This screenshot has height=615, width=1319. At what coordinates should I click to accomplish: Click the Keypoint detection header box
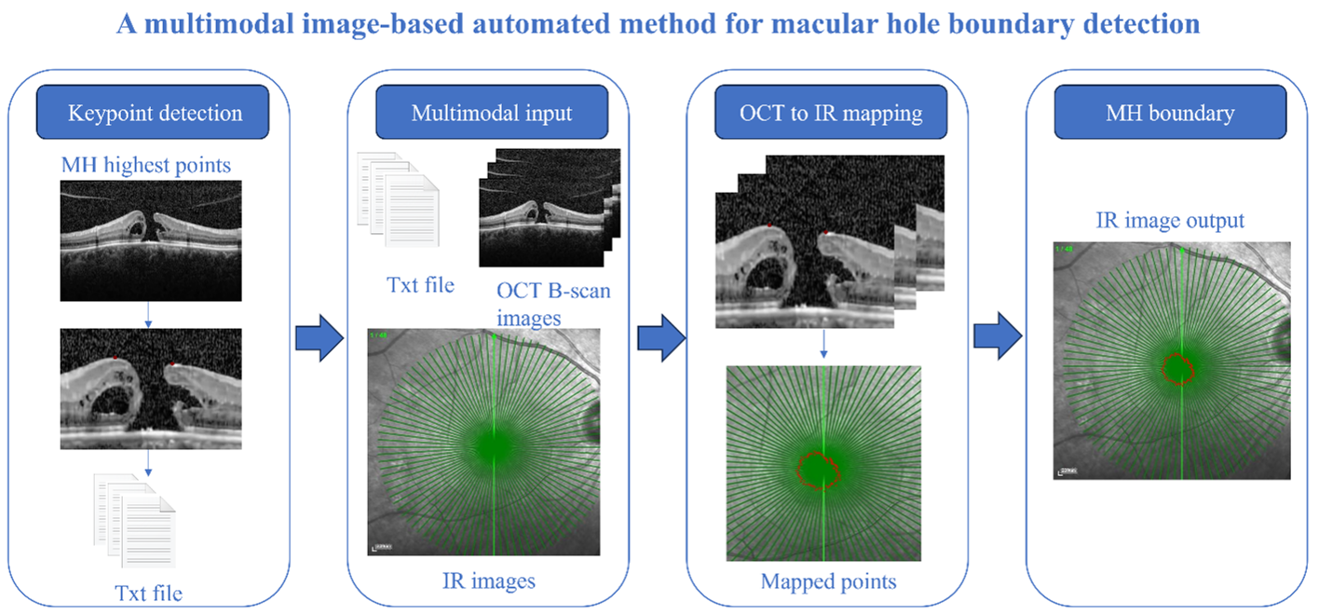point(153,112)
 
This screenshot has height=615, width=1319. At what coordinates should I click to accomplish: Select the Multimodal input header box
point(492,112)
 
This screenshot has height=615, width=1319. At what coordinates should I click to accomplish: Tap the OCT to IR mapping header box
point(831,112)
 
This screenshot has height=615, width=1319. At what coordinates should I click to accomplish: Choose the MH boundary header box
point(1170,112)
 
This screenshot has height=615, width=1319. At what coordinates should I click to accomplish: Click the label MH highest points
point(146,165)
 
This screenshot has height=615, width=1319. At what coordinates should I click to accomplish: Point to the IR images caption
point(489,581)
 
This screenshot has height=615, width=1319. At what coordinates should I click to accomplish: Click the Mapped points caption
point(828,581)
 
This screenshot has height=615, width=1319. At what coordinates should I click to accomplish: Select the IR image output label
point(1170,220)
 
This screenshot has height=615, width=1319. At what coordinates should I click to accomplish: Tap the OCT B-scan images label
point(553,304)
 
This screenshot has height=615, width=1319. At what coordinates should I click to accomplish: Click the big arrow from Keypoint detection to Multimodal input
point(320,337)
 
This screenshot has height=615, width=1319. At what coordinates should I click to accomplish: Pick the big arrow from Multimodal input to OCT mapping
point(662,337)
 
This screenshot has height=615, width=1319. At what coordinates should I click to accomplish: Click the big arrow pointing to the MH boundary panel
point(998,335)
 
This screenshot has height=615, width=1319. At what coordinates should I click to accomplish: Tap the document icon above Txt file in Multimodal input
point(399,199)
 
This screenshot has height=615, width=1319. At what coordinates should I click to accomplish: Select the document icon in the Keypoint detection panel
point(135,520)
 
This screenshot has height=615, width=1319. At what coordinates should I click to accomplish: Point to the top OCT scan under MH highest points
point(151,241)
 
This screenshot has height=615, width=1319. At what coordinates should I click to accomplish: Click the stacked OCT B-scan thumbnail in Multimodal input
point(550,208)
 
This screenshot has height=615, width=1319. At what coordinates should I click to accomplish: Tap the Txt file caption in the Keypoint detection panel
point(148,594)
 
